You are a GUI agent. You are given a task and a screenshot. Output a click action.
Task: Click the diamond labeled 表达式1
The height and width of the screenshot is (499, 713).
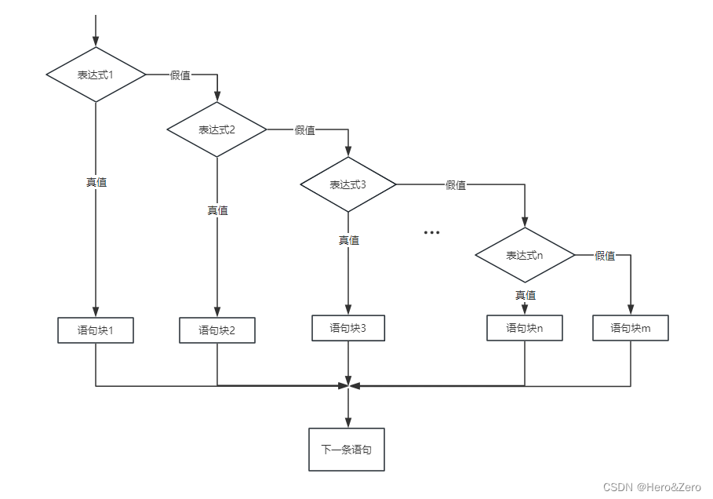click(x=96, y=75)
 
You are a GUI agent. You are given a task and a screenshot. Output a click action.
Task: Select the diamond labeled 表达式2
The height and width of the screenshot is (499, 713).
click(x=217, y=129)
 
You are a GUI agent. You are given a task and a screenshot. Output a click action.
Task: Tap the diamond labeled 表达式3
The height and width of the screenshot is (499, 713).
click(x=348, y=184)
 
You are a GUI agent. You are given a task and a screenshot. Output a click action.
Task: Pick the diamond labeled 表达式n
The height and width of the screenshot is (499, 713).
click(x=525, y=255)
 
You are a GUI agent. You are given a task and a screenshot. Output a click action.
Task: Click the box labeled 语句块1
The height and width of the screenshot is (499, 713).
click(x=96, y=330)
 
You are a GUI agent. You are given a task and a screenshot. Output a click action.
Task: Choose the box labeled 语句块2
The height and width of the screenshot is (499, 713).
click(x=217, y=330)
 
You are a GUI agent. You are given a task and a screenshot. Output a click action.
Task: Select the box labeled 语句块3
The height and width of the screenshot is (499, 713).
click(x=348, y=328)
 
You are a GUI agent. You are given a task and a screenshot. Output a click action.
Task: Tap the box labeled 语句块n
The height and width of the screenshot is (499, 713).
click(x=525, y=328)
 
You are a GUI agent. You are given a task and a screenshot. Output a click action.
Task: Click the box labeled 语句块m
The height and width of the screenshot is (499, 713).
click(x=631, y=328)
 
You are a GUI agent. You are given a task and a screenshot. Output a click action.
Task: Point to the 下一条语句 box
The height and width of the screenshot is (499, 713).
click(x=347, y=450)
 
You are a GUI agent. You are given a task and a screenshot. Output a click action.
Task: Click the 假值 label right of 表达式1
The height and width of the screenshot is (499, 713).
click(x=180, y=75)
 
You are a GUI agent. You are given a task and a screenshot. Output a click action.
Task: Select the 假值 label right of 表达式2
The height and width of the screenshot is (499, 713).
click(x=304, y=130)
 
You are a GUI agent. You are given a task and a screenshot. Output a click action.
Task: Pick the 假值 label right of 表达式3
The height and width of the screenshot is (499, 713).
click(x=456, y=185)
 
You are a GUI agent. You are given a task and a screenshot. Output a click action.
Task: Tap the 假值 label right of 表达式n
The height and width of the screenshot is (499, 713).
click(x=605, y=256)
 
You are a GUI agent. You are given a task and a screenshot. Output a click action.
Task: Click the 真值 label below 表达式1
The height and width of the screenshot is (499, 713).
click(x=96, y=182)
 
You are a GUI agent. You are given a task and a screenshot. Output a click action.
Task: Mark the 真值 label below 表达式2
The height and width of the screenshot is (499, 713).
click(x=217, y=210)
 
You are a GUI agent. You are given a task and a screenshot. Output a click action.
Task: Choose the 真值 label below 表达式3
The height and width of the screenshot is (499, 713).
click(x=349, y=240)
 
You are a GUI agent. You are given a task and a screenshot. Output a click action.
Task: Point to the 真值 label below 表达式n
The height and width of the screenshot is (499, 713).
click(x=526, y=295)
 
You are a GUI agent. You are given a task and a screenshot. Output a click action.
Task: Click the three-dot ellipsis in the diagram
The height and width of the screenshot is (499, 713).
click(x=431, y=233)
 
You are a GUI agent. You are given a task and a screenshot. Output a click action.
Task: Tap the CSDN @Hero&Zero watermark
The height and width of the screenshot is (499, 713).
click(x=652, y=487)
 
